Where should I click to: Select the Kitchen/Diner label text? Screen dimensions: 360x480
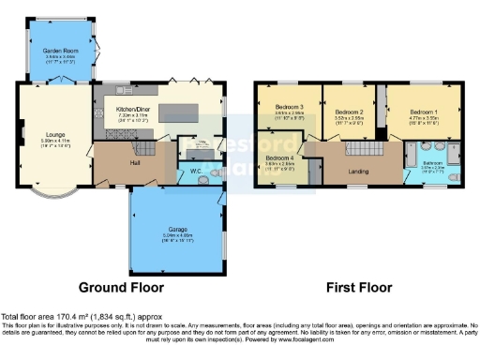133,110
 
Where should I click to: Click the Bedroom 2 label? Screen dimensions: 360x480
348,112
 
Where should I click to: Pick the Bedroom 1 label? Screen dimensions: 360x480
424,112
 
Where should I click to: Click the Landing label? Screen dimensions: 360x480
357,170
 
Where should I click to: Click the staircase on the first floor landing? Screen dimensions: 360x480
362,147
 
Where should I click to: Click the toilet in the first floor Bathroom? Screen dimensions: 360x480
452,175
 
